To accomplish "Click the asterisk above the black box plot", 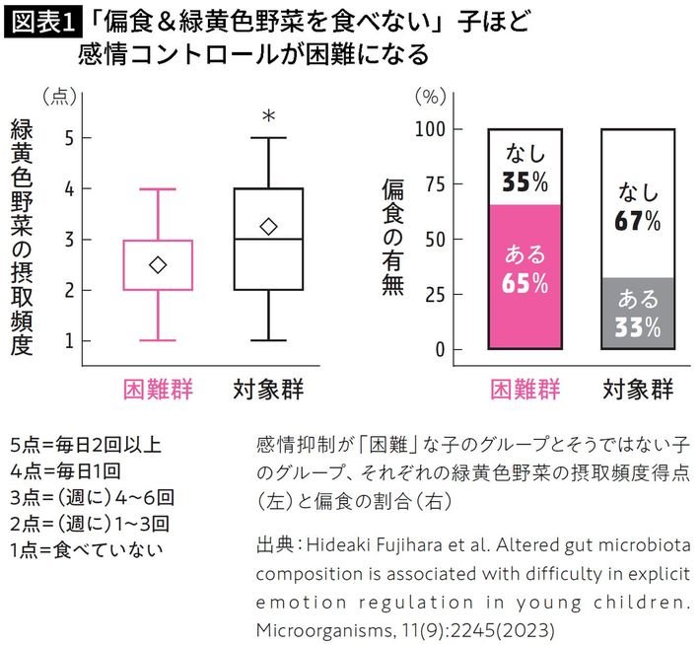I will click(268, 117).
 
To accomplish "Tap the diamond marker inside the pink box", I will click(158, 264).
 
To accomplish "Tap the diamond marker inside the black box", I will click(268, 227).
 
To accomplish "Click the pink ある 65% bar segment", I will click(525, 276).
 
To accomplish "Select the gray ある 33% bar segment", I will click(637, 314).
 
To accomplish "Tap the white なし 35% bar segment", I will click(525, 166).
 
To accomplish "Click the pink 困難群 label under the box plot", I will click(158, 389).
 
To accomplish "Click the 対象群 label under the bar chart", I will click(637, 389).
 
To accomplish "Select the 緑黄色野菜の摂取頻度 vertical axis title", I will click(22, 237).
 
